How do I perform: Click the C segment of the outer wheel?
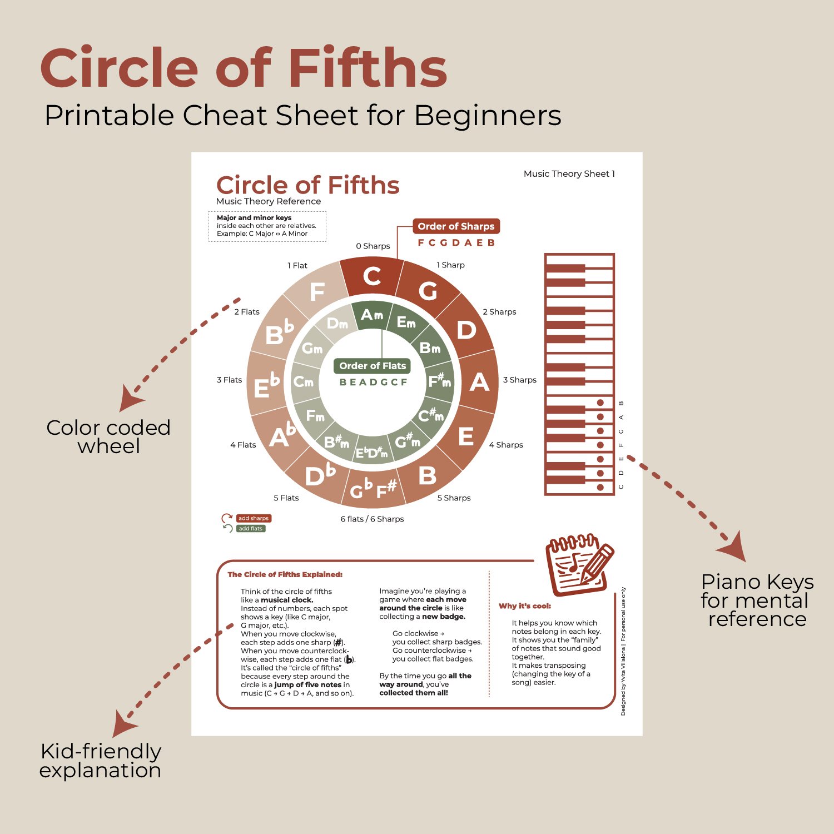(x=371, y=276)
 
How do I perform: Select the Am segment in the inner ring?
(x=371, y=315)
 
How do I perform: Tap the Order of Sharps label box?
(x=456, y=226)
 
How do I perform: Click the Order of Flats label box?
(x=373, y=366)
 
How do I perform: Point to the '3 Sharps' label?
(x=519, y=380)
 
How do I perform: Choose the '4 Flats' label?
(x=243, y=445)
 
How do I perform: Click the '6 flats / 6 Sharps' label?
(x=372, y=519)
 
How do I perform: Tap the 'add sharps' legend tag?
(x=254, y=518)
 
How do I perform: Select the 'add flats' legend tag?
(x=250, y=528)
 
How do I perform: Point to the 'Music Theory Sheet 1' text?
(x=569, y=174)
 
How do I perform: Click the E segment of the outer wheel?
(x=466, y=436)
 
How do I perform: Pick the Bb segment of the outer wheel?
(x=278, y=332)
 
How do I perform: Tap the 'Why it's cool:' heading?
(x=525, y=606)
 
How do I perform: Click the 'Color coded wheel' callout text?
(x=108, y=437)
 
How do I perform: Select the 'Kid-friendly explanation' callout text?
(x=101, y=761)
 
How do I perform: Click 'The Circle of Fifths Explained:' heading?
(x=285, y=574)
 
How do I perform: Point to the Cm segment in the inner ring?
(x=304, y=382)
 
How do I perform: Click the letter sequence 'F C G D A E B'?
(x=456, y=242)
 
